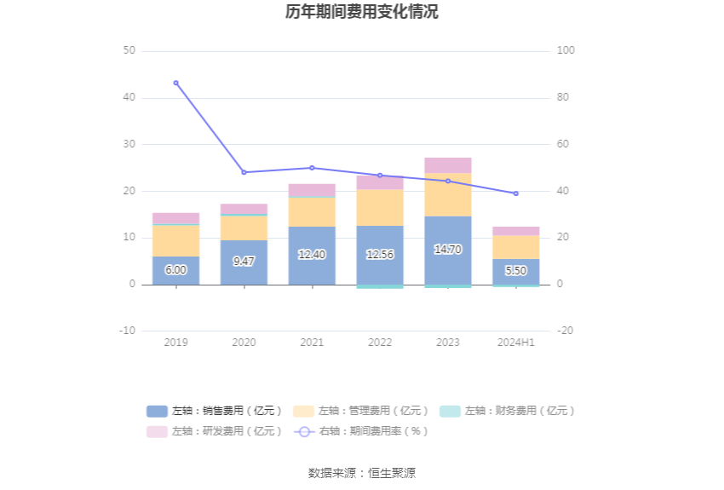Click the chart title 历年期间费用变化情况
362,12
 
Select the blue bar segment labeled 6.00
176,270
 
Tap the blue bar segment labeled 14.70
448,250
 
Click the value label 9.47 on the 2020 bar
244,262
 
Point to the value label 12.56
380,255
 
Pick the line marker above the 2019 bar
176,83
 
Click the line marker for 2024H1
516,193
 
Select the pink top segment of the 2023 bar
448,165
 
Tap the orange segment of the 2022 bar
380,207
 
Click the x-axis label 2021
312,343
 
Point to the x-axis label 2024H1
516,343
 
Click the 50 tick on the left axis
129,51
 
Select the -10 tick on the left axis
127,331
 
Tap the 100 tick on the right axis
566,51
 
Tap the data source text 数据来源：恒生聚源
362,473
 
